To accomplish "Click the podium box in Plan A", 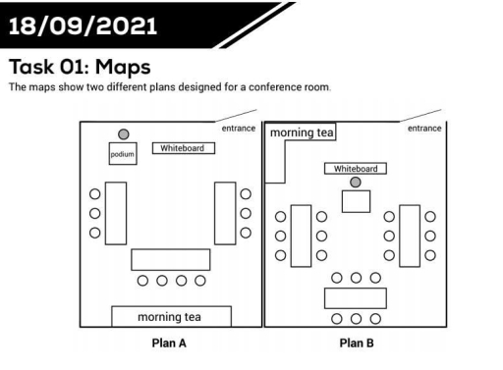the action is pos(121,155).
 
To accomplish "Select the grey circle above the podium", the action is pos(123,133).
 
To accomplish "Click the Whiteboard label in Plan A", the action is pos(183,148).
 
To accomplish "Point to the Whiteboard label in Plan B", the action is pos(355,168).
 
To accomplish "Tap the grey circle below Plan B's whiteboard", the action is pos(355,183).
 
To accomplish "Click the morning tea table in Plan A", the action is pos(171,316).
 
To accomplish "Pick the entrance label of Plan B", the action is pos(424,128).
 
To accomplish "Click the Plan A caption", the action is pos(169,344).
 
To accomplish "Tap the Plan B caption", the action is pos(356,344).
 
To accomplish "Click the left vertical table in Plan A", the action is pos(115,212).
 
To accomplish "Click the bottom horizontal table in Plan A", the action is pos(171,260).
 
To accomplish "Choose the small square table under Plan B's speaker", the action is pos(355,201).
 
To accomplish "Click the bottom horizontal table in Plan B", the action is pos(355,297).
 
